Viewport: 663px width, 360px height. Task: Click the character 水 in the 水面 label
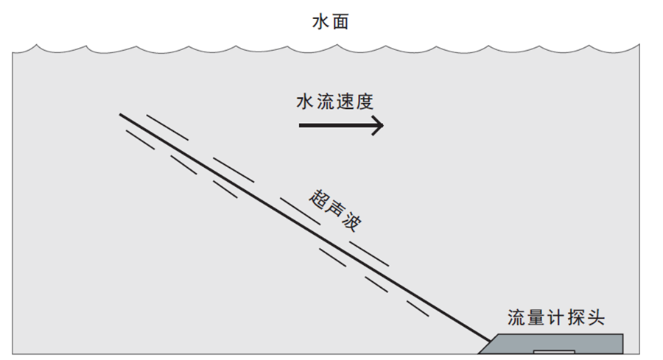[322, 22]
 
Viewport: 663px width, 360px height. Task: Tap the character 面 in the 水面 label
[340, 22]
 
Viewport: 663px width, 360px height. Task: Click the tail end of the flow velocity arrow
[300, 126]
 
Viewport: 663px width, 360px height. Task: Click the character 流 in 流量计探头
[517, 318]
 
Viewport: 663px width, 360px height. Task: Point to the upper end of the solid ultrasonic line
[121, 114]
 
